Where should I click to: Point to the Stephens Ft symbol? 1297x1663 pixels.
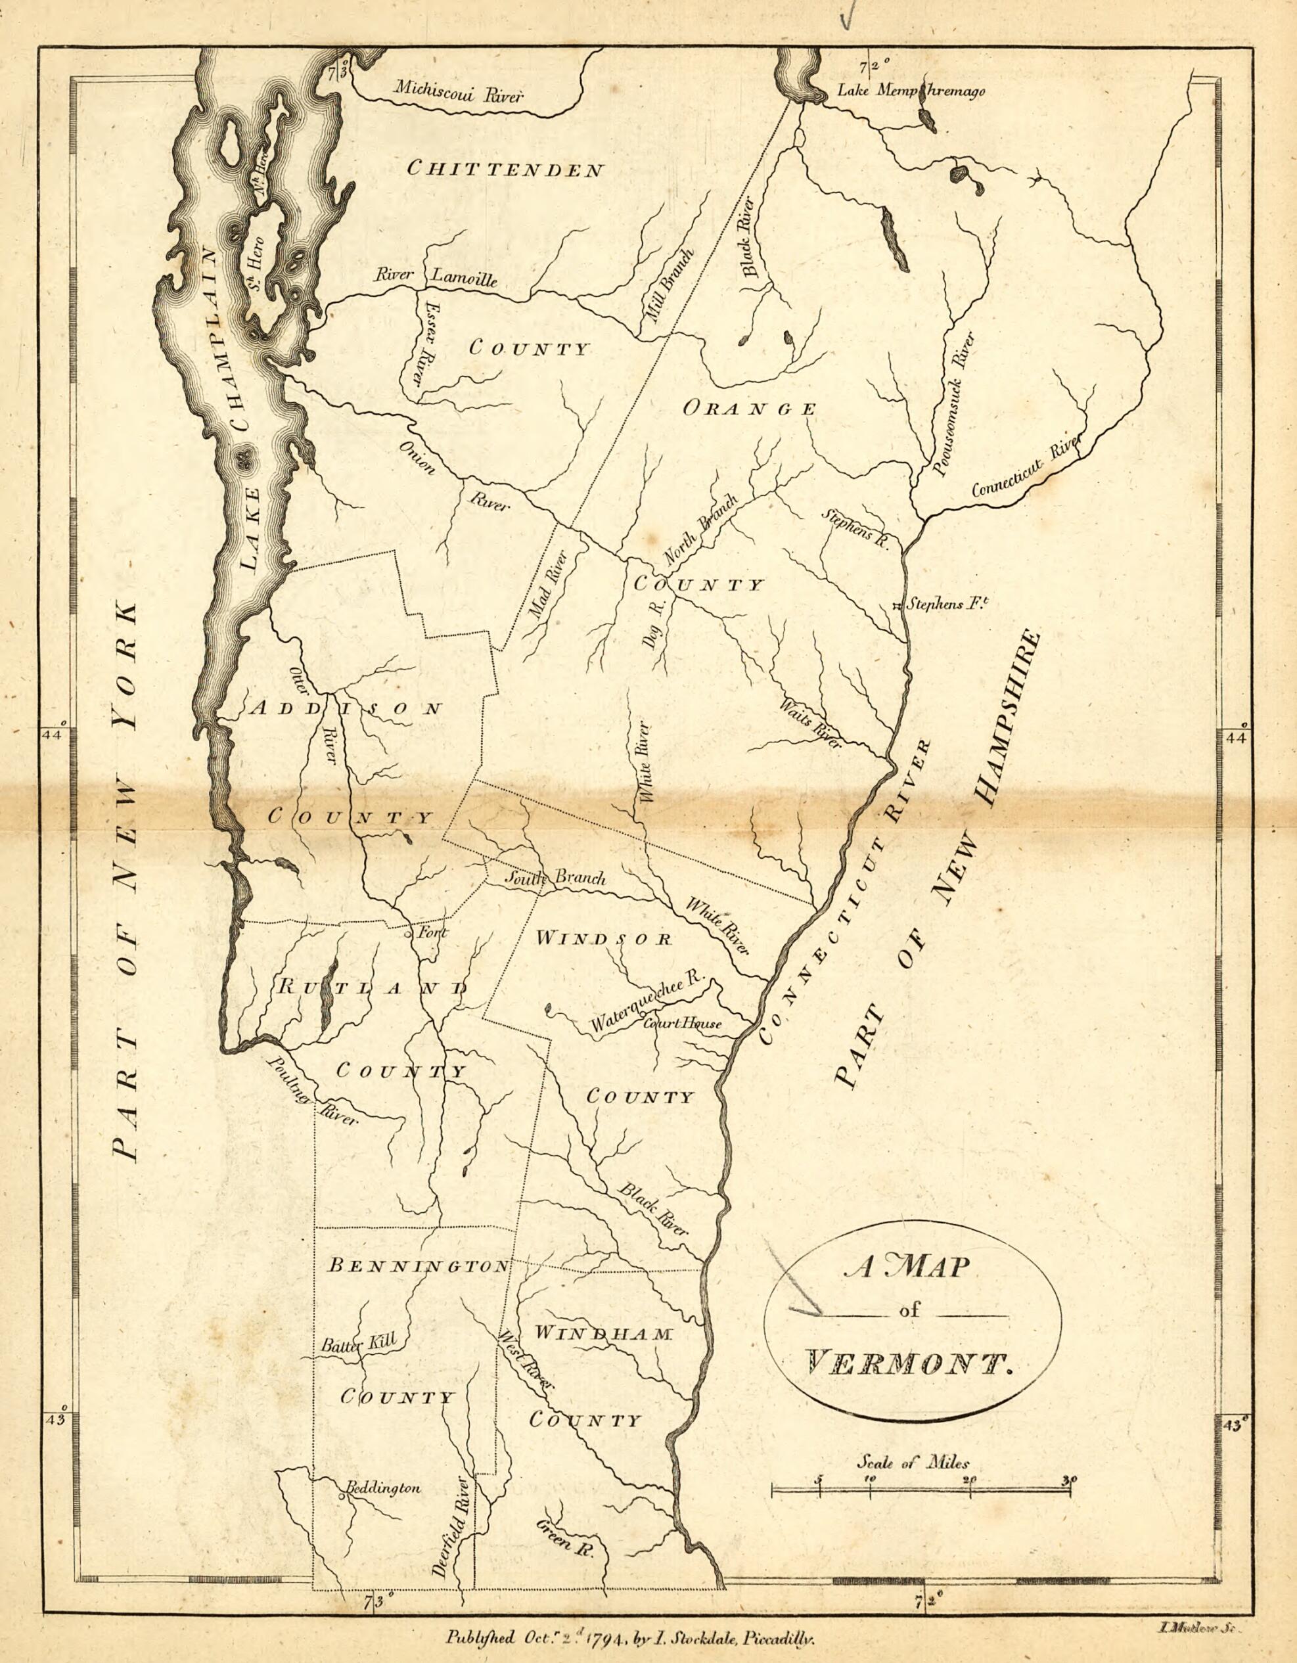[898, 607]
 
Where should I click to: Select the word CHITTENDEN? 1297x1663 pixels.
[506, 169]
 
